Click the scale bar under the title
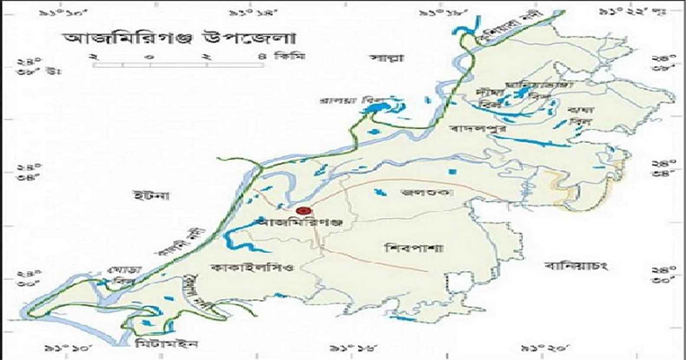[178, 65]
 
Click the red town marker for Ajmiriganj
[303, 211]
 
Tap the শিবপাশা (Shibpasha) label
[414, 249]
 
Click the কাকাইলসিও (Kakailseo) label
[251, 267]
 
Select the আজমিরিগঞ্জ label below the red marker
[299, 223]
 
